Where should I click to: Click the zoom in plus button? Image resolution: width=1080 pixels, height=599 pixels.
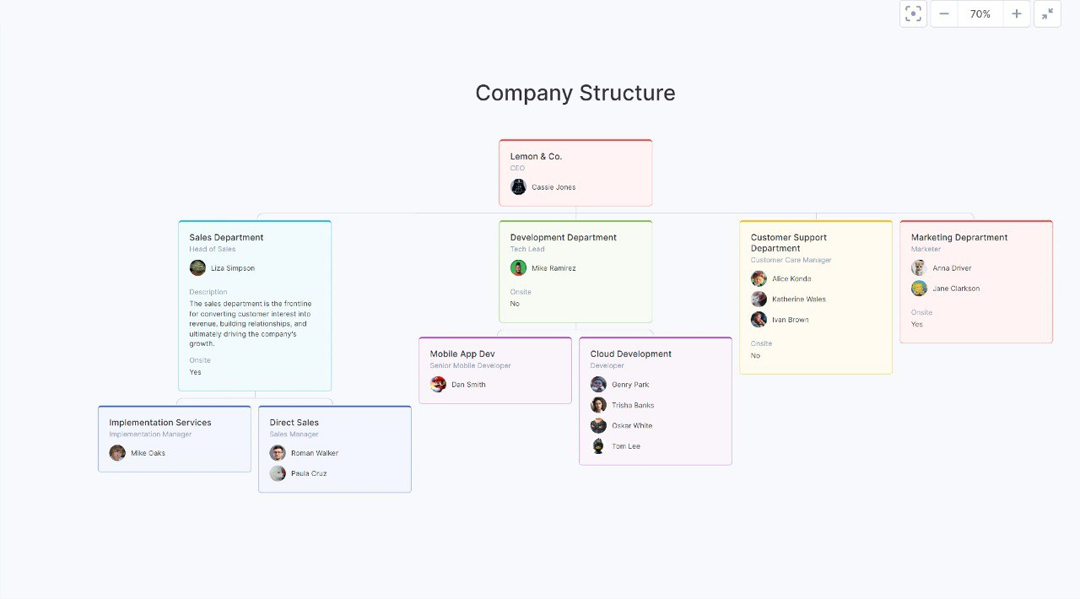coord(1017,14)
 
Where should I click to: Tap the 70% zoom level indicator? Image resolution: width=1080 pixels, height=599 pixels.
coord(980,14)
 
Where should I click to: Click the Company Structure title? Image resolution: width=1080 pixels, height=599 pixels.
coord(575,93)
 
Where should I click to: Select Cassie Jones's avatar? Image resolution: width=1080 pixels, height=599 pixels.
coord(518,186)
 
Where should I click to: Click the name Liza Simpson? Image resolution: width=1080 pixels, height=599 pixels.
coord(232,268)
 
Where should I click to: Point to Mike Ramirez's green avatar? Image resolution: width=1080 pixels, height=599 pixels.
coord(518,267)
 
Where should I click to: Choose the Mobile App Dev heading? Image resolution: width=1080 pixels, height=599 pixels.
coord(462,353)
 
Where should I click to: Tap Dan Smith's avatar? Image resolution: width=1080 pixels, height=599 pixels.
coord(438,385)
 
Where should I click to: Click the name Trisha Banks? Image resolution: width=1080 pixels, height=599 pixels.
coord(633,405)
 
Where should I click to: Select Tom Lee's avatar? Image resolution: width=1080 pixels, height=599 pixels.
coord(598,446)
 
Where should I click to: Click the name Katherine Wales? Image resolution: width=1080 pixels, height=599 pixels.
coord(798,299)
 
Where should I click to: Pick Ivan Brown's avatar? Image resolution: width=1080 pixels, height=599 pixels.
coord(759,319)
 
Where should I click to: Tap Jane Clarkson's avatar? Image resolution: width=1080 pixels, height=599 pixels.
coord(920,289)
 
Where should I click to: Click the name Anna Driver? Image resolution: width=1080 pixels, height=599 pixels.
coord(952,268)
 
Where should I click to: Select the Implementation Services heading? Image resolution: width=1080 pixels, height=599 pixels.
coord(160,423)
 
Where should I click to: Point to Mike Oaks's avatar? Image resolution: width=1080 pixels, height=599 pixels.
coord(117,453)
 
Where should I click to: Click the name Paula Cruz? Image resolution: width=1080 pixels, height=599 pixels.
coord(309,473)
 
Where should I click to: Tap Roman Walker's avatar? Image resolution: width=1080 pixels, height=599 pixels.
coord(278,453)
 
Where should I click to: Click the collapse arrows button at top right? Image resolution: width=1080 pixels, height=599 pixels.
coord(1047,14)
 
